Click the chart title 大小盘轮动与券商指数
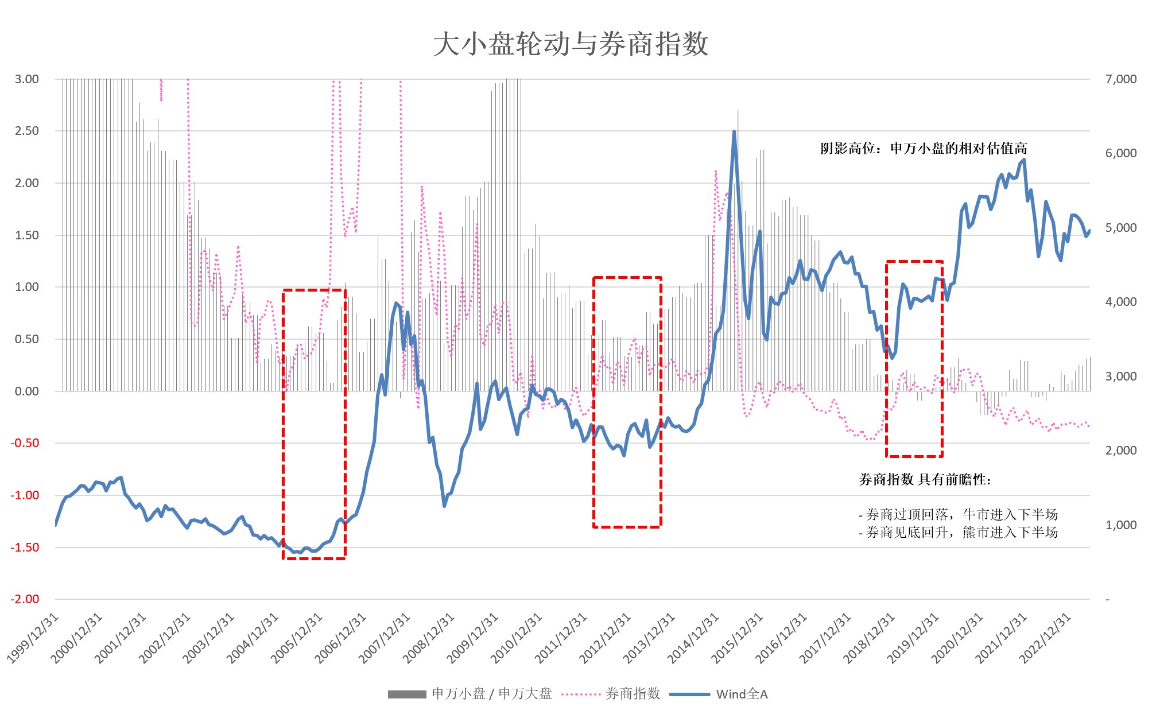[571, 44]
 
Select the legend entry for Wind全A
[742, 694]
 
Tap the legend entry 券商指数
[633, 694]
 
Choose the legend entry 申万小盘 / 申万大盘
[491, 694]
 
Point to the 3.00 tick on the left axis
[27, 79]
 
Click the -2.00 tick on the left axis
[25, 599]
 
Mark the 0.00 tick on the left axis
[27, 391]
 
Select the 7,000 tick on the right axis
[1120, 79]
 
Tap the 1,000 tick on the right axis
[1120, 525]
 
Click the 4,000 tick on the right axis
[1120, 302]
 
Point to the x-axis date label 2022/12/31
[1046, 638]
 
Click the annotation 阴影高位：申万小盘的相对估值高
[924, 149]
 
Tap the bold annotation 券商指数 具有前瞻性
[925, 480]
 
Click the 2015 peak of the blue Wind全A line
[734, 132]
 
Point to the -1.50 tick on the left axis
[25, 548]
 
